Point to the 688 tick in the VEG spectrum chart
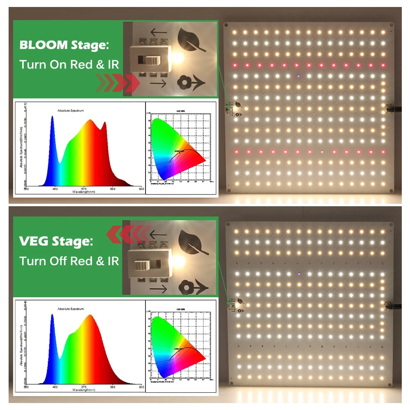pos(113,387)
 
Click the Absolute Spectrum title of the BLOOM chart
pos(71,111)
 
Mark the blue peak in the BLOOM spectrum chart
pos(52,119)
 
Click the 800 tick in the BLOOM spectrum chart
pos(141,189)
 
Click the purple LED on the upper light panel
pos(299,76)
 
